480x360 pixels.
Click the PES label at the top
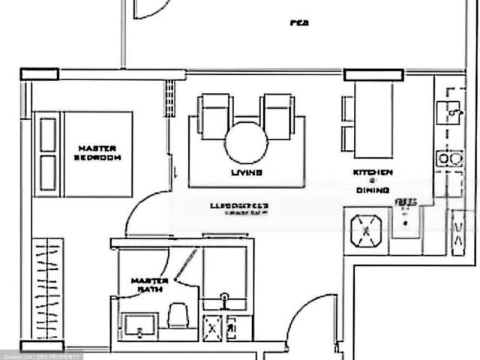coord(300,23)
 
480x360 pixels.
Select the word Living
coord(246,172)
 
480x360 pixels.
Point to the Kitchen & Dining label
coord(373,181)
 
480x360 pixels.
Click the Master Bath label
coord(149,284)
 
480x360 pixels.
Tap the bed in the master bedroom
coord(83,154)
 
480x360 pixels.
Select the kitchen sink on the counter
coord(452,112)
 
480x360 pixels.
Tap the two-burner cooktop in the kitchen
coord(450,159)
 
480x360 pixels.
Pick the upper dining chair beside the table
coord(348,109)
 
